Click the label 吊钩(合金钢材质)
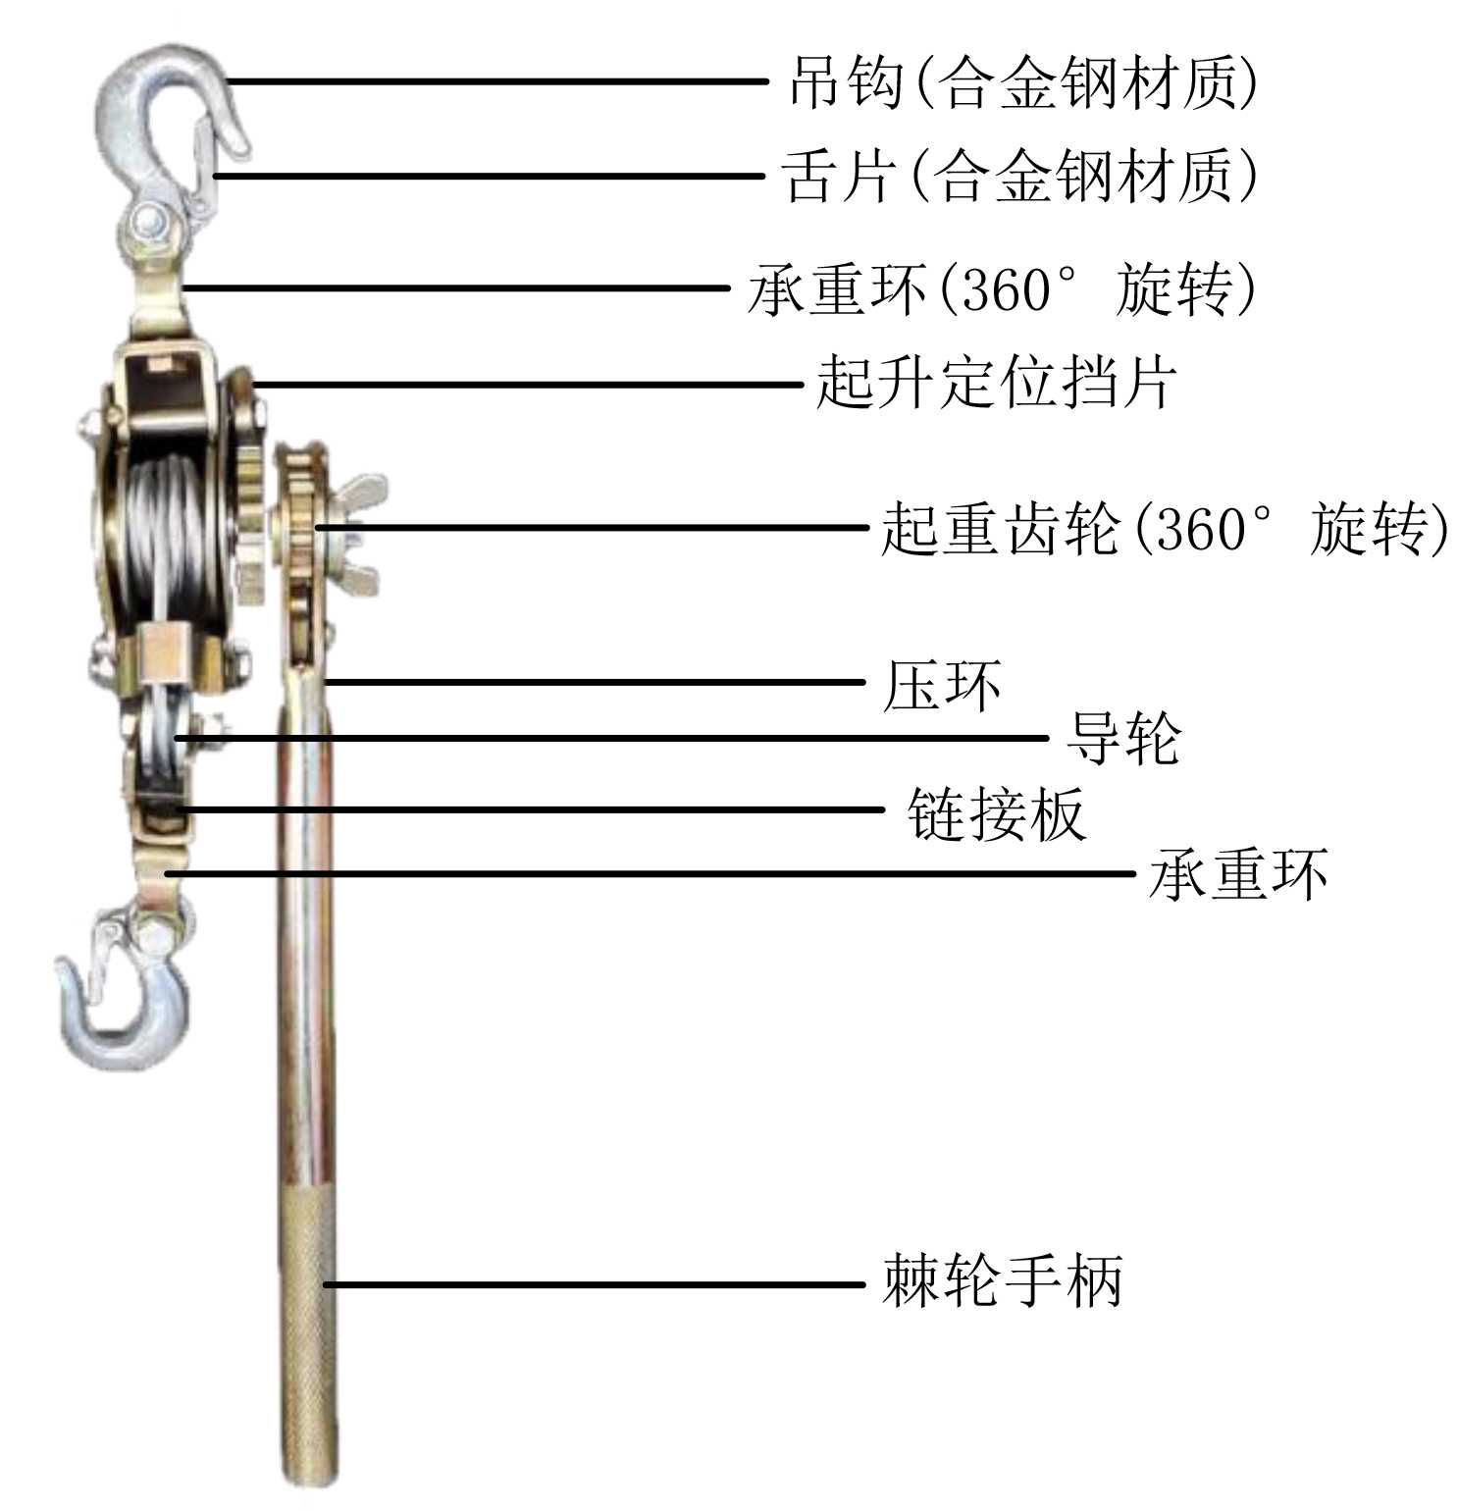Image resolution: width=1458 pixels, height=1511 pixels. [1022, 82]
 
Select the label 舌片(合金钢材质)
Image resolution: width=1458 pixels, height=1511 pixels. [1018, 177]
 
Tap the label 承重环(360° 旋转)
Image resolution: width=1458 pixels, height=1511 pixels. [1001, 289]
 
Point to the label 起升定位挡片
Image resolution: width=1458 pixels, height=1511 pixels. [996, 383]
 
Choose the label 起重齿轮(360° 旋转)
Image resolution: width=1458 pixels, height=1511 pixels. [1163, 529]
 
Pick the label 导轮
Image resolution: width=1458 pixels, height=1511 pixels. [1122, 738]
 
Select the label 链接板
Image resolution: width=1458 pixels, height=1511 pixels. [997, 812]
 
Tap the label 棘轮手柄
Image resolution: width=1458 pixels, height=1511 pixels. [1002, 1280]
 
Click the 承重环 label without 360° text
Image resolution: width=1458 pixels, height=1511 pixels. [1238, 873]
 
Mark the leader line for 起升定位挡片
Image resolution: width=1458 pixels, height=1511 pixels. [530, 385]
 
